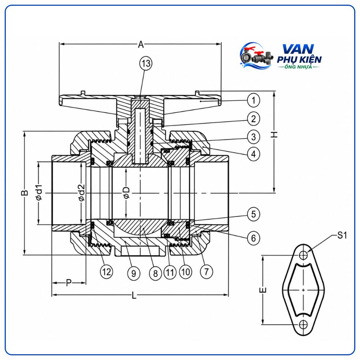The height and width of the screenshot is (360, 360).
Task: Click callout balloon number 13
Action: pos(146,63)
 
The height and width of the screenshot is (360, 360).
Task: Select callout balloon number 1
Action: pos(253,100)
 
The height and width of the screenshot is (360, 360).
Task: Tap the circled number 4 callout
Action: pos(253,154)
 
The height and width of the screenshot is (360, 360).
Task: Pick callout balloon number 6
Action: pos(253,238)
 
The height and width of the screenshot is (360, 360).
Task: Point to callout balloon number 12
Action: pos(106,272)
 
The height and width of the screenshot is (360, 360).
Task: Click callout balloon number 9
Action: pos(134,273)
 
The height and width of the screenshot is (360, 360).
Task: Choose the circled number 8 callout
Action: pos(156,273)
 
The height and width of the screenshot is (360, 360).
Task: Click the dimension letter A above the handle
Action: pos(141,44)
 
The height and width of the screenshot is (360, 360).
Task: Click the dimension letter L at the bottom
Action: pos(134,295)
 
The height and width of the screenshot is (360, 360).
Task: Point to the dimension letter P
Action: pos(69,283)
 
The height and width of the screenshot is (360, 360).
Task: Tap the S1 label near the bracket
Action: pos(342,235)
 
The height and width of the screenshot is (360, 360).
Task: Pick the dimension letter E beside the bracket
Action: pos(264,290)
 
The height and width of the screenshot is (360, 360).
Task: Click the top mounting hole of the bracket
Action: pos(303,255)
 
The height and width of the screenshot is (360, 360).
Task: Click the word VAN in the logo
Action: pos(298,49)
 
